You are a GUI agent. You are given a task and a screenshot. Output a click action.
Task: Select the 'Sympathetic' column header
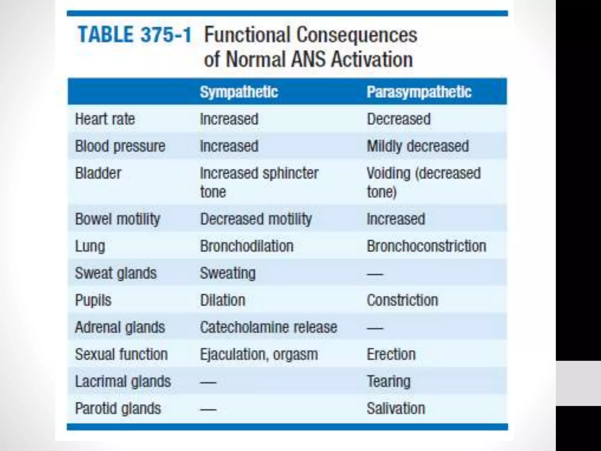point(239,92)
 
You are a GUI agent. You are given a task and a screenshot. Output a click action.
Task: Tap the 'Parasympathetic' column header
point(419,92)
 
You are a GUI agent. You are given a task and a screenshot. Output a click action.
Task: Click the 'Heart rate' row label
point(105,119)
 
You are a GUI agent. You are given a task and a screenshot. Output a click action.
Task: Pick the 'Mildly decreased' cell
point(418,146)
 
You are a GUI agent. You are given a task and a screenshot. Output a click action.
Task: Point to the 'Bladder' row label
point(98,173)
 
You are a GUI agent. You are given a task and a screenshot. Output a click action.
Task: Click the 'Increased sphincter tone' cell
point(259,182)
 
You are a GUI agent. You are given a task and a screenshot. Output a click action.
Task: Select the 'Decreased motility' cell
point(256,219)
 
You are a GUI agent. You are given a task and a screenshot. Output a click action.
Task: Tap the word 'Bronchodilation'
point(247,246)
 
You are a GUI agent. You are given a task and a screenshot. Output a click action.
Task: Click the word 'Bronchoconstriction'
point(426,246)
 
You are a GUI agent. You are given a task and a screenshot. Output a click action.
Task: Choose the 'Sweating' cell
point(228,273)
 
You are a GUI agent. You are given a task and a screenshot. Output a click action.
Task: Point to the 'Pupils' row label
point(93,300)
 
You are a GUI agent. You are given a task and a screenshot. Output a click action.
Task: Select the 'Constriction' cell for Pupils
point(402,300)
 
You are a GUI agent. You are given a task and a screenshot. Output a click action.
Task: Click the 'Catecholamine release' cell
point(268,327)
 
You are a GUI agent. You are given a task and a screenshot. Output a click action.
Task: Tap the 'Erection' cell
point(391,354)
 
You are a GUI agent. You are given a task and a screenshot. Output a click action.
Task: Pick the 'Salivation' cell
point(396,408)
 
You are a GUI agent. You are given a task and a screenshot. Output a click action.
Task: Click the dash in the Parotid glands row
point(208,409)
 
